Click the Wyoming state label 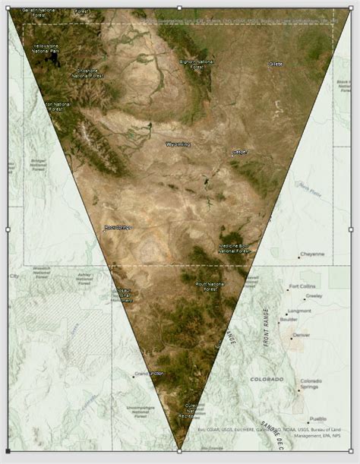(178, 143)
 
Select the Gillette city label (276, 65)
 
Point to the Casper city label (239, 152)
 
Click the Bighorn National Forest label (197, 64)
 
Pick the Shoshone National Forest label (87, 74)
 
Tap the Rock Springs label (118, 227)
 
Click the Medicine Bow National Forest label (235, 248)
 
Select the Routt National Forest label (210, 286)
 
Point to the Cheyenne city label (312, 254)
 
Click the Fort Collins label (302, 286)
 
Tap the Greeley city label (314, 296)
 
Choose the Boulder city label (289, 320)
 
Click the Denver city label (301, 335)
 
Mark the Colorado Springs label (311, 384)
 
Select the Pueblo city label (317, 418)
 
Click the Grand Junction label (149, 374)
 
